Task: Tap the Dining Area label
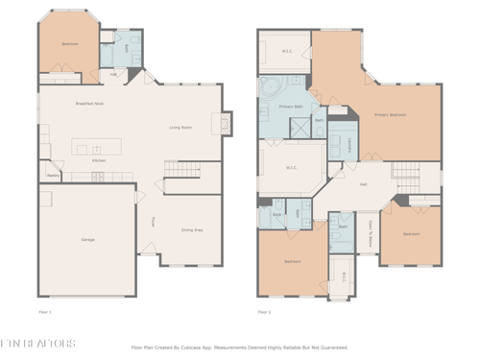coord(192,229)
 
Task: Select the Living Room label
coord(181,127)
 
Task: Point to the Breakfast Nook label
coord(89,103)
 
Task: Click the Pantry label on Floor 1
coord(54,175)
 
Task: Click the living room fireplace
coord(227,123)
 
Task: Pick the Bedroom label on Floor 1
coord(70,44)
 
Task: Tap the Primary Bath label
coord(291,106)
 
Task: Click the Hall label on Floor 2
coord(363,184)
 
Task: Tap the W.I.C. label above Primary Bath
coord(287,51)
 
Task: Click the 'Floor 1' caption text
coord(44,312)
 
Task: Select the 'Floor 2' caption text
coord(265,312)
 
